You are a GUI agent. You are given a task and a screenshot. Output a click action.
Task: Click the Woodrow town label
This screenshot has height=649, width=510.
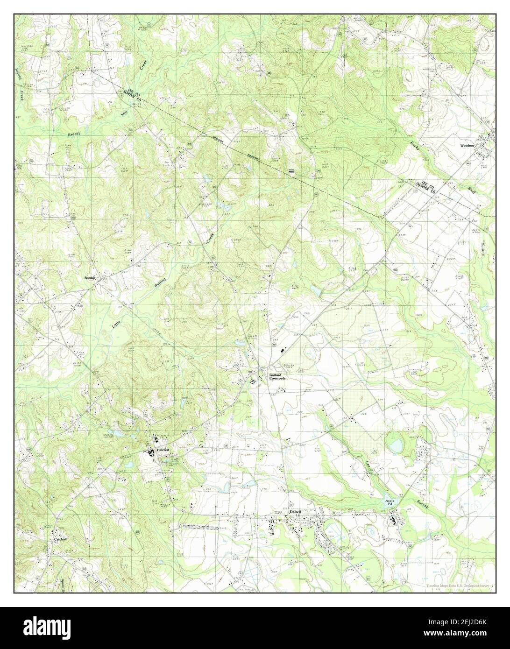pos(467,146)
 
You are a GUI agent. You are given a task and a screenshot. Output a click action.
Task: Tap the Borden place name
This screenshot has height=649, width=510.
pos(90,278)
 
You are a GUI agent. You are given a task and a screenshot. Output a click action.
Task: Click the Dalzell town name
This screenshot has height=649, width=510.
pos(296,512)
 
